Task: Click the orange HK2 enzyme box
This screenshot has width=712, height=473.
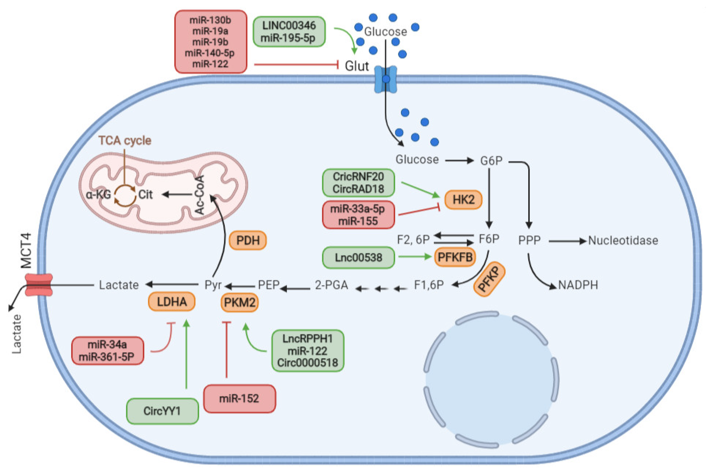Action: click(x=463, y=199)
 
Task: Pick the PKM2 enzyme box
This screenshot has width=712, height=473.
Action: click(x=240, y=302)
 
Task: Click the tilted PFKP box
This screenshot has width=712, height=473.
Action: click(x=489, y=279)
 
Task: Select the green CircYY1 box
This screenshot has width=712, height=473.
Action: click(x=162, y=411)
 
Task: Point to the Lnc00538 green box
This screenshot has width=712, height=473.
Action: click(x=358, y=257)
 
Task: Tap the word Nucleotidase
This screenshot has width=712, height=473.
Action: click(x=623, y=240)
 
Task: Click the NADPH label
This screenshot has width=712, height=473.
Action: click(x=578, y=285)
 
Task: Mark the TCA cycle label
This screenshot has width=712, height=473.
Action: click(x=125, y=141)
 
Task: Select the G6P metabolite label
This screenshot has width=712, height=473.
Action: click(x=491, y=161)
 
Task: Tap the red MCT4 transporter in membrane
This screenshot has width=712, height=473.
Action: click(x=39, y=284)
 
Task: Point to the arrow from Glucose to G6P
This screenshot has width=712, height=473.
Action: click(x=459, y=161)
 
